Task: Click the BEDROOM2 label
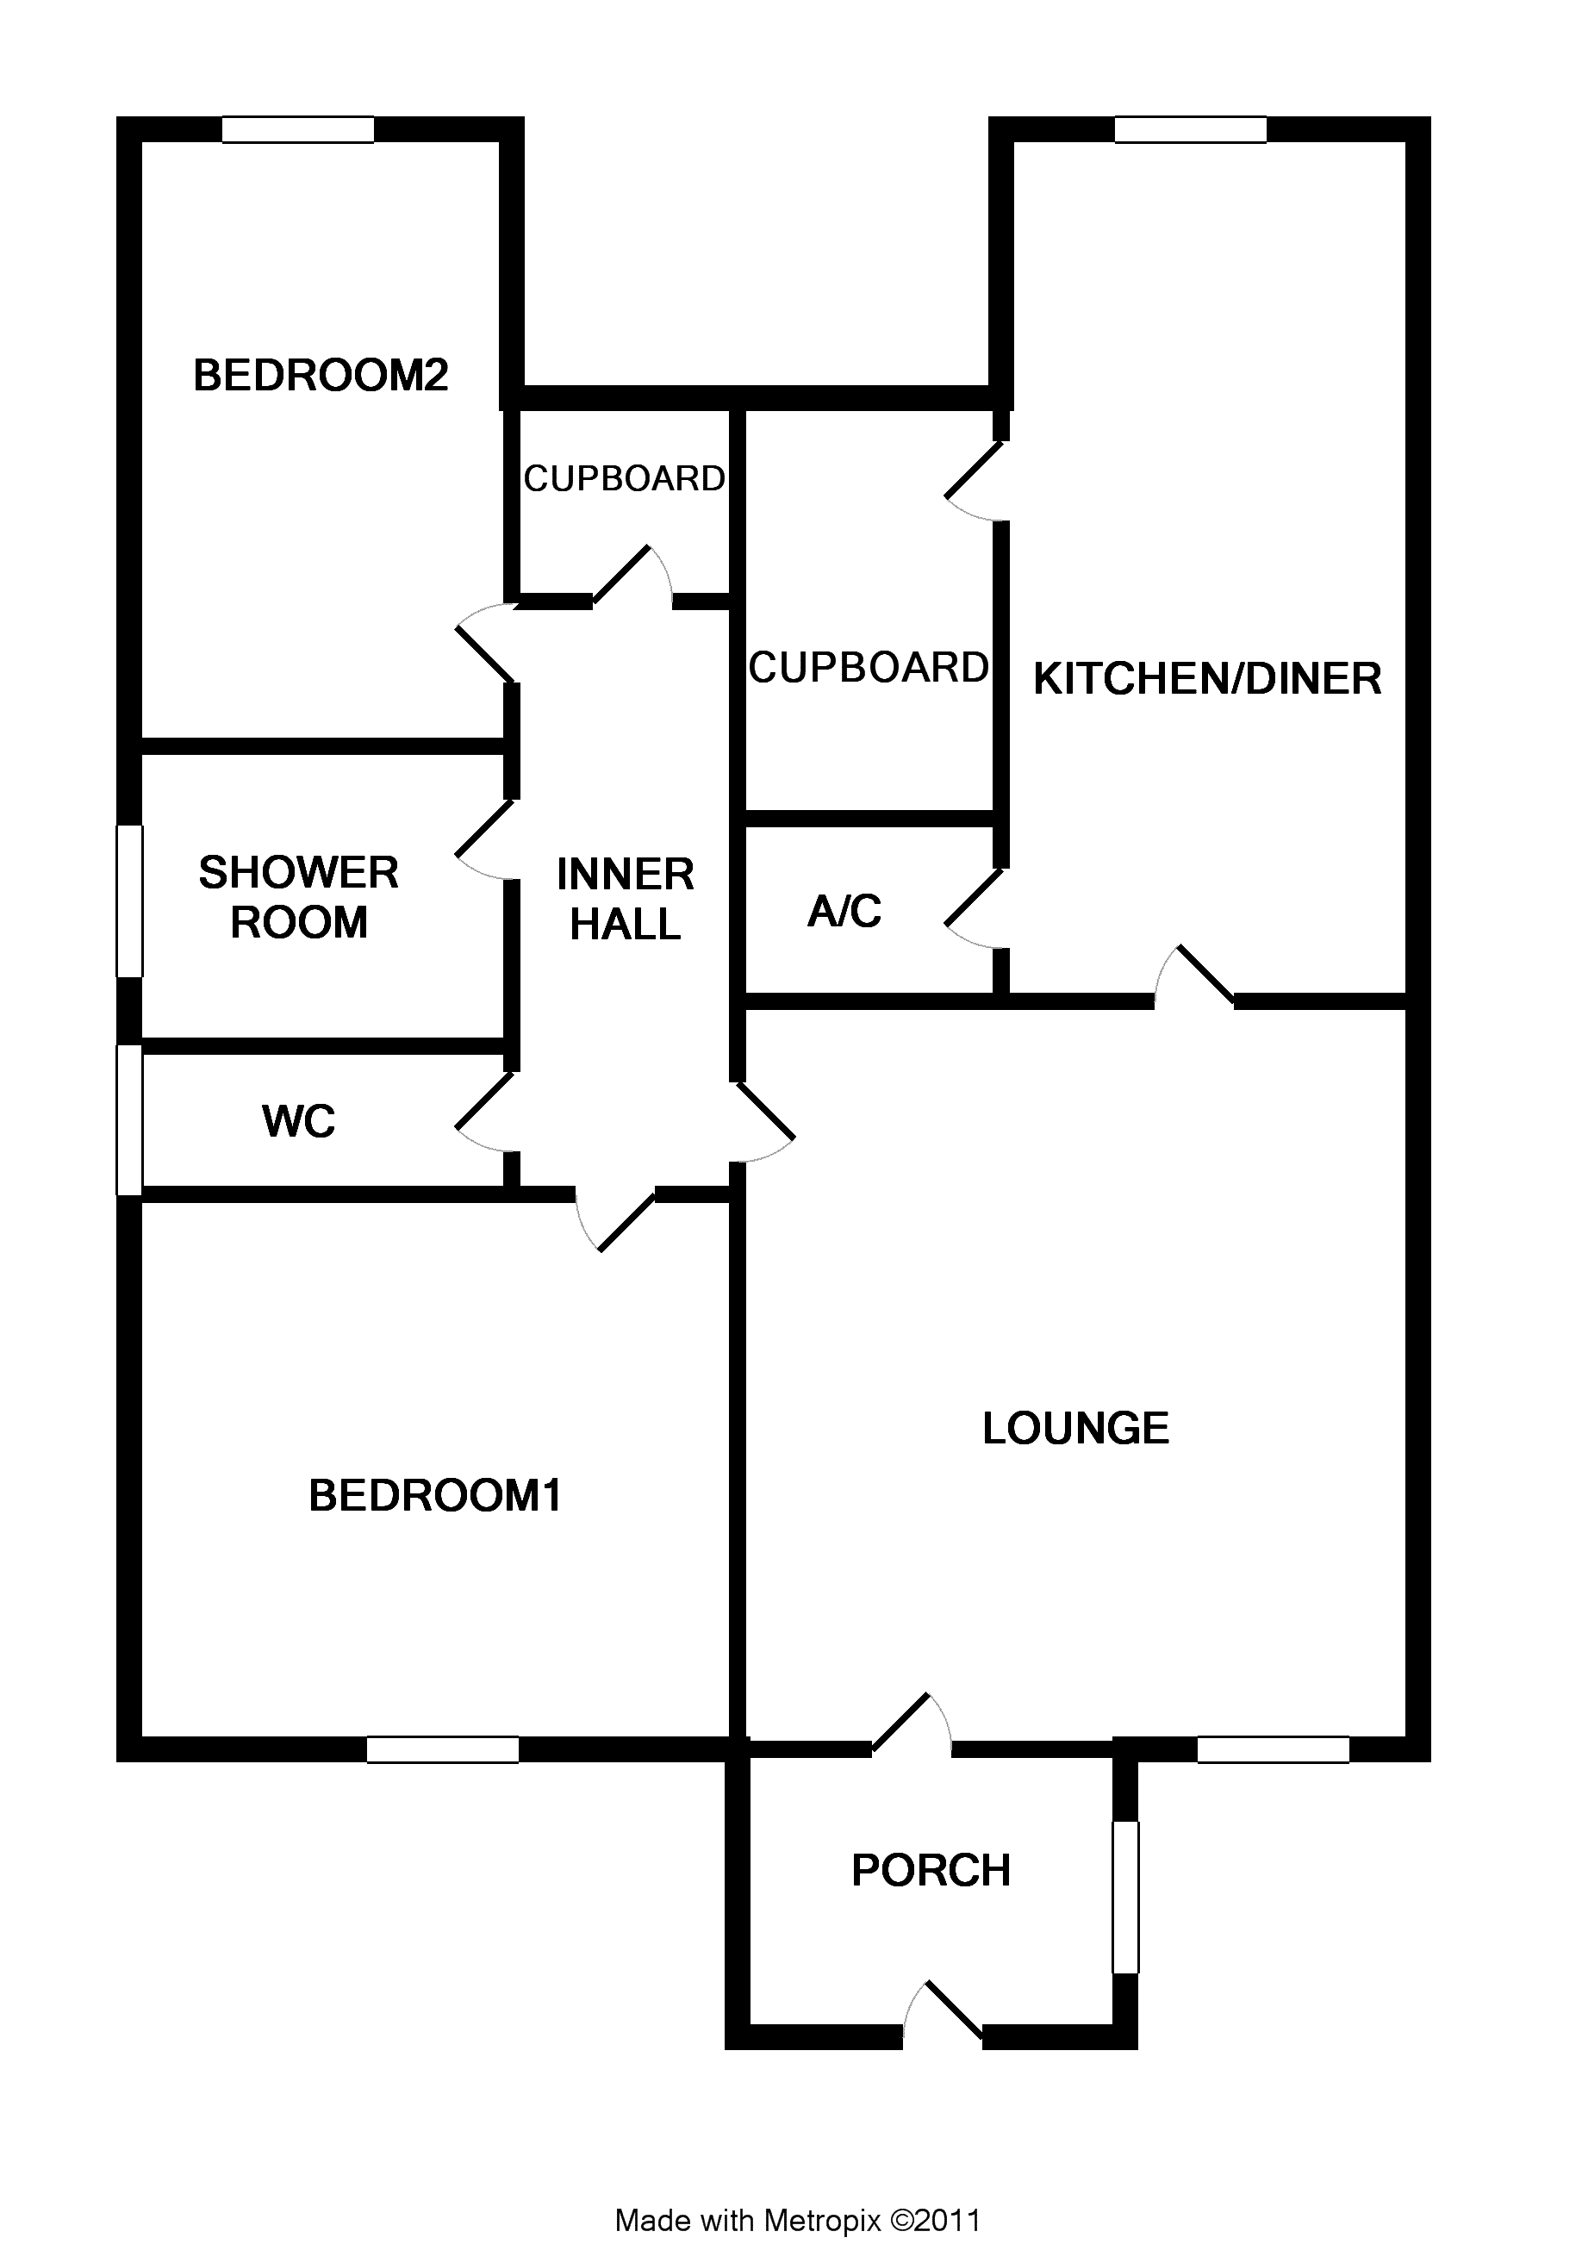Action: pyautogui.click(x=321, y=376)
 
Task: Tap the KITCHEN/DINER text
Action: pyautogui.click(x=1207, y=678)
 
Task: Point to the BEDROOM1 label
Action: pyautogui.click(x=435, y=1495)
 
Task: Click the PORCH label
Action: pyautogui.click(x=931, y=1870)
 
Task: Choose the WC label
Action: pyautogui.click(x=298, y=1121)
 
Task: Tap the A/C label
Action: pyautogui.click(x=844, y=911)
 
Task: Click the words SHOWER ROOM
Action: pyautogui.click(x=298, y=897)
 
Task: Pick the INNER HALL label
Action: pyautogui.click(x=625, y=899)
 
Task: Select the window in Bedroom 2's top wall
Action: pyautogui.click(x=298, y=130)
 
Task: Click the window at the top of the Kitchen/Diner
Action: pyautogui.click(x=1190, y=130)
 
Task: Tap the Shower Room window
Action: pyautogui.click(x=130, y=901)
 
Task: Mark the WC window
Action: pyautogui.click(x=130, y=1120)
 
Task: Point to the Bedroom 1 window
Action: pyautogui.click(x=443, y=1749)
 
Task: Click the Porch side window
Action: pyautogui.click(x=1125, y=1896)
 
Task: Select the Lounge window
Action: pyautogui.click(x=1274, y=1749)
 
